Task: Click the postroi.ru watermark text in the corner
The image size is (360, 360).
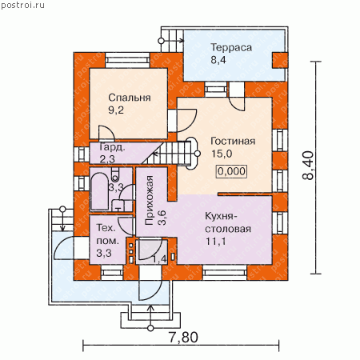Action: click(22, 5)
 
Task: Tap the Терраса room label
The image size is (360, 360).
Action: click(231, 47)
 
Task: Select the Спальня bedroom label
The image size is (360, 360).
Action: click(130, 98)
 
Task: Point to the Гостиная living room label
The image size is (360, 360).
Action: click(233, 141)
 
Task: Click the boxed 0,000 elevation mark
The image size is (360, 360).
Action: click(231, 171)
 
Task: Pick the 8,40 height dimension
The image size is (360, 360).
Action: click(308, 166)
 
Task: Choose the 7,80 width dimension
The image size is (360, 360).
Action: click(183, 337)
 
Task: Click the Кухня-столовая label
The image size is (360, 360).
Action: click(228, 222)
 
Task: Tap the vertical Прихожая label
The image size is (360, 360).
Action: click(150, 200)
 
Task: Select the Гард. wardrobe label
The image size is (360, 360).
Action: click(112, 147)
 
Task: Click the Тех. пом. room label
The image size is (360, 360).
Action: click(108, 234)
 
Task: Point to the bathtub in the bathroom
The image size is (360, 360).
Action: click(99, 191)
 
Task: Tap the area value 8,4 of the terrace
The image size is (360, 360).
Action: click(218, 60)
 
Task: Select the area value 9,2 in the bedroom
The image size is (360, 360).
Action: click(116, 110)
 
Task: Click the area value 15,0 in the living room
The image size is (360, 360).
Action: click(222, 154)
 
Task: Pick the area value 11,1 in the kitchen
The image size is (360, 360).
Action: click(215, 241)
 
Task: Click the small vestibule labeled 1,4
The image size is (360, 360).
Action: click(151, 252)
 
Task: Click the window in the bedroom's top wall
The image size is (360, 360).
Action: click(127, 60)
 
